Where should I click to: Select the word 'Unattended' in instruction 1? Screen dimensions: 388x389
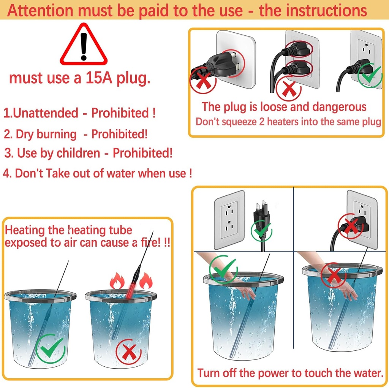coord(45,113)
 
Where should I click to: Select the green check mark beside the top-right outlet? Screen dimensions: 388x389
coord(370,75)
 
